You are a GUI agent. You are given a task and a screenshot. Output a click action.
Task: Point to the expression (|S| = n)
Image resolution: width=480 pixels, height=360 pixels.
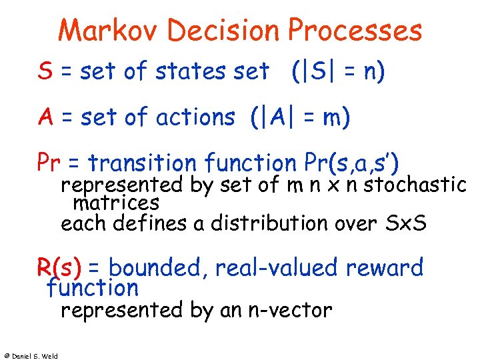click(338, 71)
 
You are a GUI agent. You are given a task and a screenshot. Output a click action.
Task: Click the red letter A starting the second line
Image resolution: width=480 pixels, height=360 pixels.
click(45, 117)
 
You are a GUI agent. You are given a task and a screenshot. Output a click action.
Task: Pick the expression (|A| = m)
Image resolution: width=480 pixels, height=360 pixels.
click(300, 117)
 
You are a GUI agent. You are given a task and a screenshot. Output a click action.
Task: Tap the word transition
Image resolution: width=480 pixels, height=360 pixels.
click(142, 162)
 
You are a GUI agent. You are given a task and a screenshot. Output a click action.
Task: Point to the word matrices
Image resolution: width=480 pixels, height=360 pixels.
click(116, 202)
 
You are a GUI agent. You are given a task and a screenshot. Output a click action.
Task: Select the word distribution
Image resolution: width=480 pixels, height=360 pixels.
click(271, 223)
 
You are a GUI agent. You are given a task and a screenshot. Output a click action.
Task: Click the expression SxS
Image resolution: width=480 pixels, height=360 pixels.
click(406, 223)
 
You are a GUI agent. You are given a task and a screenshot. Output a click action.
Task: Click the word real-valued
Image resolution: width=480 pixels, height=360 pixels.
click(279, 268)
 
